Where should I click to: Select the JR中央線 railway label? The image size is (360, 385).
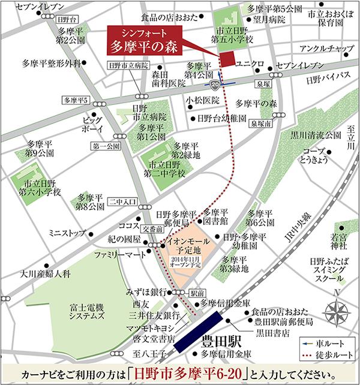click(296, 231)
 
